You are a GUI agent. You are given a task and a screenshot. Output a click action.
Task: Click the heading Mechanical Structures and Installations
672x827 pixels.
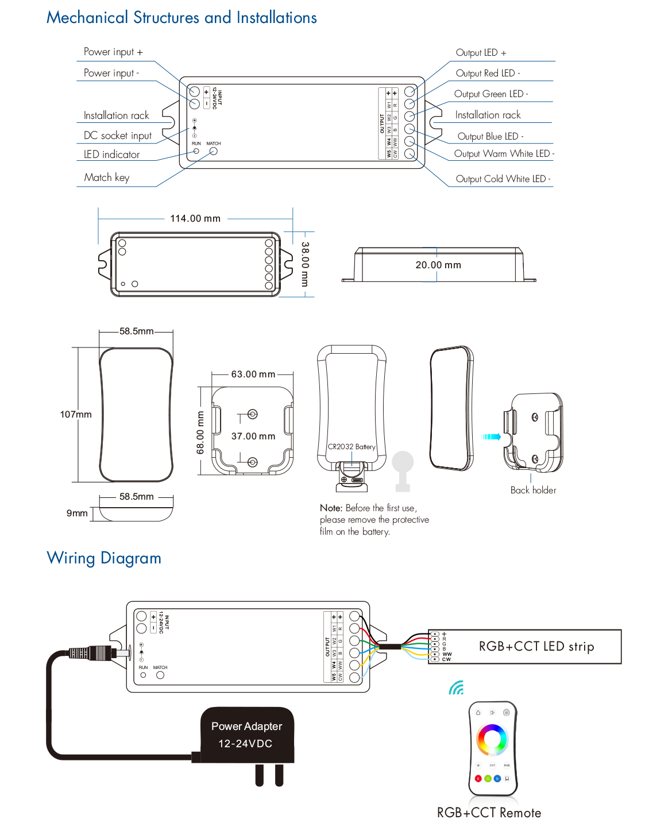pos(181,18)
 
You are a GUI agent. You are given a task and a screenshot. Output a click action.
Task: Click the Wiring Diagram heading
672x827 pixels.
pos(104,558)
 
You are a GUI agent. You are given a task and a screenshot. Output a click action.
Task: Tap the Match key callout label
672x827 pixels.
pos(107,177)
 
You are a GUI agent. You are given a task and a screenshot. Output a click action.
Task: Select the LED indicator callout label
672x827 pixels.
pos(111,154)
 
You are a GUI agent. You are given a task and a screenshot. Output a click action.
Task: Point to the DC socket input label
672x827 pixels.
pos(118,136)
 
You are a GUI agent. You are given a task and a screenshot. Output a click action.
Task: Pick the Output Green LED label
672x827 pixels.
pos(491,94)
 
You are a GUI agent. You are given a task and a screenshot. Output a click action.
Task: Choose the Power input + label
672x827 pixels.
pos(113,52)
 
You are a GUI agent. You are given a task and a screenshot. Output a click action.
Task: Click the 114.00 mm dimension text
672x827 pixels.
pos(195,219)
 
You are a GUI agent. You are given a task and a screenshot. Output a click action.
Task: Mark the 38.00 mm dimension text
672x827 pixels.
pos(305,264)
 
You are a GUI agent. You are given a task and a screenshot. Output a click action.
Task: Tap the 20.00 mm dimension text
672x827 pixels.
pos(438,265)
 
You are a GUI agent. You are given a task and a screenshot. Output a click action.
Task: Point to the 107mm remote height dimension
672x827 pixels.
pos(76,415)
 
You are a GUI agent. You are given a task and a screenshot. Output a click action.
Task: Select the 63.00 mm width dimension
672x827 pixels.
pos(253,374)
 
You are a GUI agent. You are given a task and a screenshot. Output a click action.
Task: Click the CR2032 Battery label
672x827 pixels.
pos(352,447)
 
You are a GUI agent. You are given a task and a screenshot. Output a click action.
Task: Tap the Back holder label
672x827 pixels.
pos(533,490)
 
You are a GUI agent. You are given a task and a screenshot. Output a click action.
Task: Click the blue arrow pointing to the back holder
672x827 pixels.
pos(491,437)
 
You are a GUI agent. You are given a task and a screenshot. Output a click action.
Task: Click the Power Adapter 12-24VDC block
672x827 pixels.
pos(247,735)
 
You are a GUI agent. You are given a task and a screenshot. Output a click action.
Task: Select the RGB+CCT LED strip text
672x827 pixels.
pos(536,647)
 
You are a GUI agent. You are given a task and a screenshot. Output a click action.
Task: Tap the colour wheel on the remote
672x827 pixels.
pos(492,739)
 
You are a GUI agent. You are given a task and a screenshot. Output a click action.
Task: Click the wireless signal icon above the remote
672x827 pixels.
pos(456,687)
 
